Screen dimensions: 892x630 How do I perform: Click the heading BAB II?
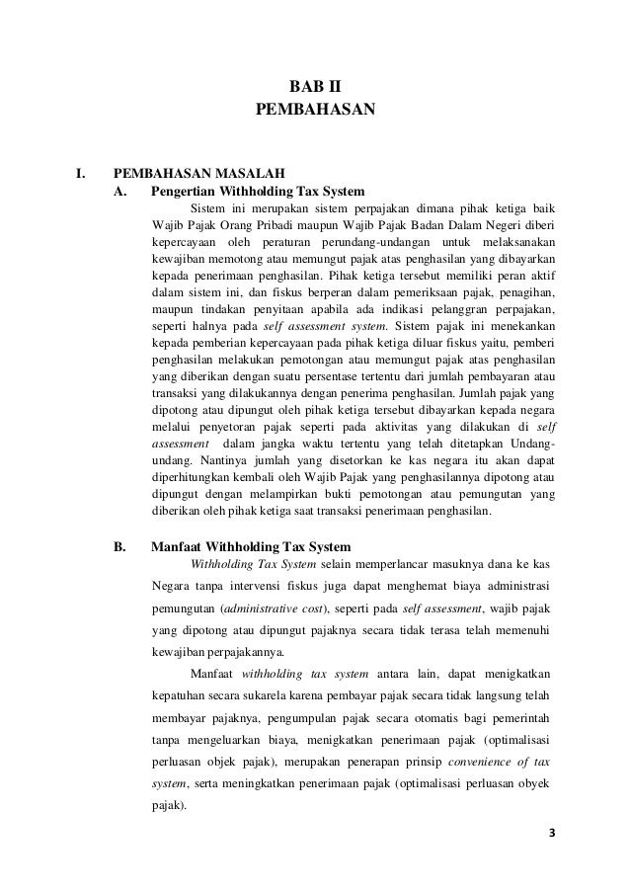coord(314,87)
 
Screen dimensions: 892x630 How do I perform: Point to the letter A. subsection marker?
coord(121,192)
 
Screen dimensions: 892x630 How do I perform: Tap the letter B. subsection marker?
coord(121,546)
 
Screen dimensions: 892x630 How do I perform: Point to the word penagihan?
coord(525,294)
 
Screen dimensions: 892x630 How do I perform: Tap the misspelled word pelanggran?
coord(458,311)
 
